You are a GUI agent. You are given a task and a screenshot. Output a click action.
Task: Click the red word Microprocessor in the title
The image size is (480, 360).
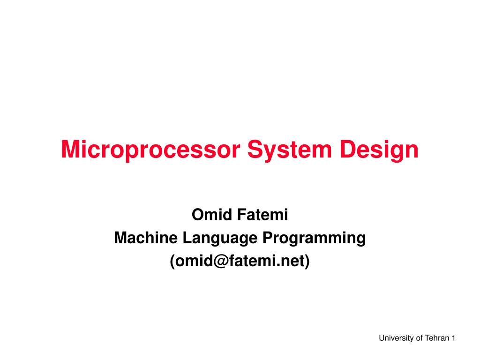[151, 150]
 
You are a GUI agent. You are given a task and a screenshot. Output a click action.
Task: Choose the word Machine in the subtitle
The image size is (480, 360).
[145, 238]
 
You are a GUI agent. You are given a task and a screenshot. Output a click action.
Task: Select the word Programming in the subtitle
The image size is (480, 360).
[314, 238]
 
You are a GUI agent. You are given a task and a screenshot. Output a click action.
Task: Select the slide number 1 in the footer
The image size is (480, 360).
[454, 338]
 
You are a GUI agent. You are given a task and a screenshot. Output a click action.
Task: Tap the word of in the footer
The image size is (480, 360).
[419, 338]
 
